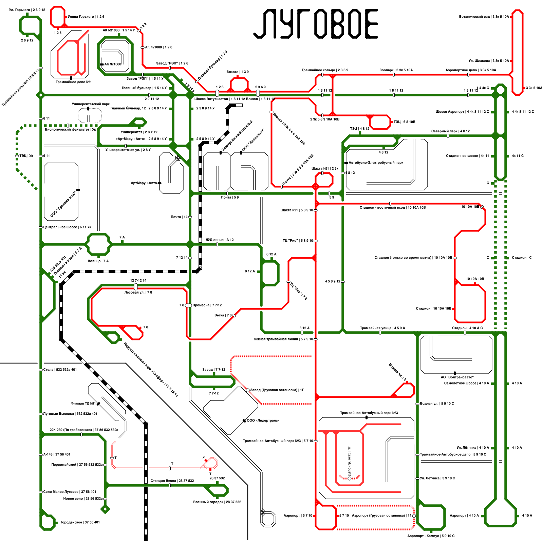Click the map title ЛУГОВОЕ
(316, 24)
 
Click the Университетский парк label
(91, 104)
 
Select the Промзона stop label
(207, 305)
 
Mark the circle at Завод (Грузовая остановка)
(248, 390)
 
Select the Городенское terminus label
(80, 523)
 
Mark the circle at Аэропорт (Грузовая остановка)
(414, 516)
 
